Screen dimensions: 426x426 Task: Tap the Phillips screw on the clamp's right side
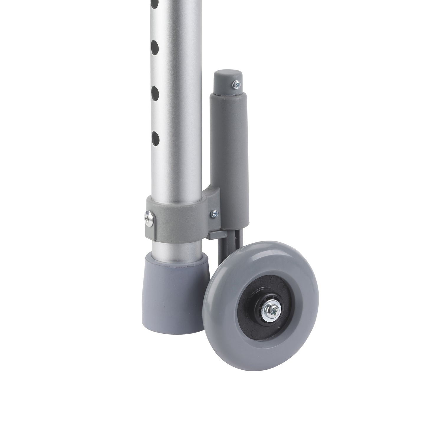(x=214, y=213)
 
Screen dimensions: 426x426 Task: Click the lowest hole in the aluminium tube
(x=155, y=138)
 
